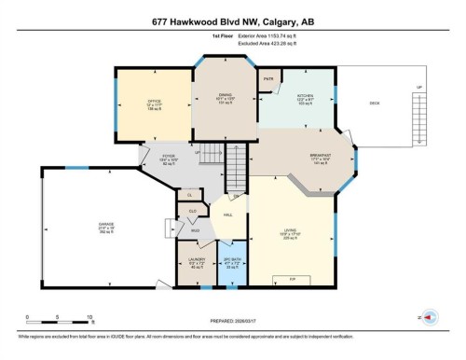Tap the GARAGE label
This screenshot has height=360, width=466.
[107, 227]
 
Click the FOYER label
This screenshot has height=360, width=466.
[169, 157]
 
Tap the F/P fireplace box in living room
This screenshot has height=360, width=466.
[291, 278]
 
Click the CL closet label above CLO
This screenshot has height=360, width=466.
[189, 194]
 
